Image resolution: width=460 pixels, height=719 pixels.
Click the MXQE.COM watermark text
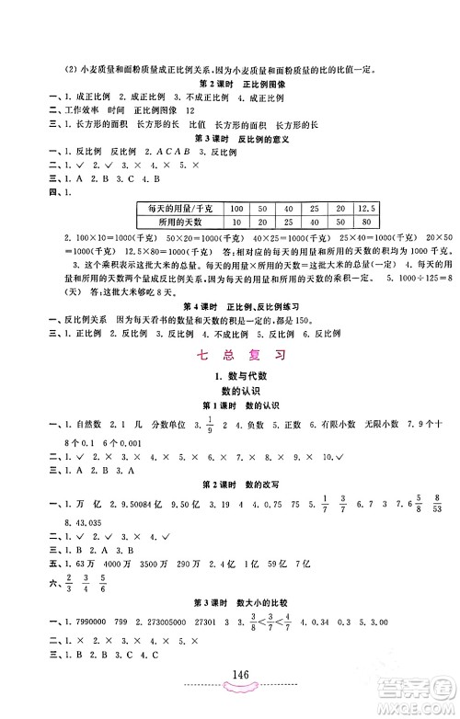pos(425,706)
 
